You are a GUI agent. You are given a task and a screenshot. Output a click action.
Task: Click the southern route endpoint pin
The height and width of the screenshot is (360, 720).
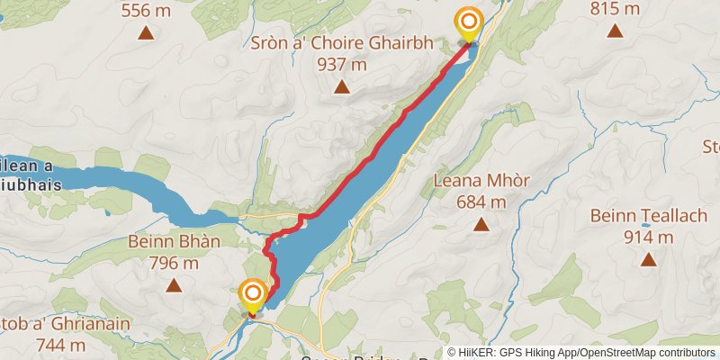coord(253,297)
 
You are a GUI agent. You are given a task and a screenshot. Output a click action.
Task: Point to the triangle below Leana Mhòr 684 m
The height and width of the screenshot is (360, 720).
coord(481,223)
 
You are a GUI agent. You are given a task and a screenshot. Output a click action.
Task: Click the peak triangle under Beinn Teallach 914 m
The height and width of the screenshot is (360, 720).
coord(648,260)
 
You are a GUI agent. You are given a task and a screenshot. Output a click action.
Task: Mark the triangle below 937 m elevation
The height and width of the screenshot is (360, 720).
coord(341,86)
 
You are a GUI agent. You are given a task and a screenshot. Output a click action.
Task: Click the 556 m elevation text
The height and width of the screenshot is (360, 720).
coord(147,9)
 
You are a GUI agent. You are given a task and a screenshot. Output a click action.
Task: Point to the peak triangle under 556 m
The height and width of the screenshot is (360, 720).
coord(145,33)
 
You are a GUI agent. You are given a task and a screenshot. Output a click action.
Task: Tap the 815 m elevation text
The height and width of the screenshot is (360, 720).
coord(616,9)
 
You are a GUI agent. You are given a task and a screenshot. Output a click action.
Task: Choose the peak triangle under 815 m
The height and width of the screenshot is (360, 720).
coord(616,31)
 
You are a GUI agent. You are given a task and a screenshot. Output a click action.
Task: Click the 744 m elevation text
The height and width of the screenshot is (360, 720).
coord(60,344)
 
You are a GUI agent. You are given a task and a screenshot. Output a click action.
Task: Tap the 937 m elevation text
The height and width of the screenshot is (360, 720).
coord(342,64)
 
